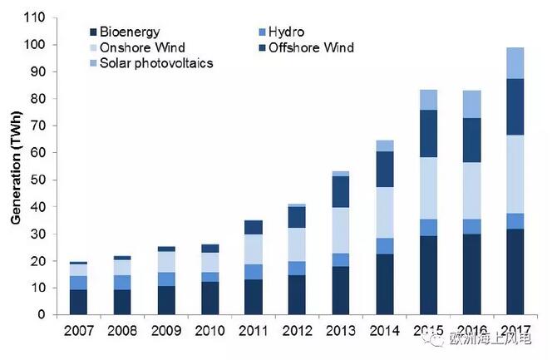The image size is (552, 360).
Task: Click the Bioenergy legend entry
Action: [128, 32]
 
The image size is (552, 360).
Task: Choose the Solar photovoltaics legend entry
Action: [155, 63]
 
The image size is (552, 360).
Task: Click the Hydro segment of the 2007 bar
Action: [78, 283]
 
